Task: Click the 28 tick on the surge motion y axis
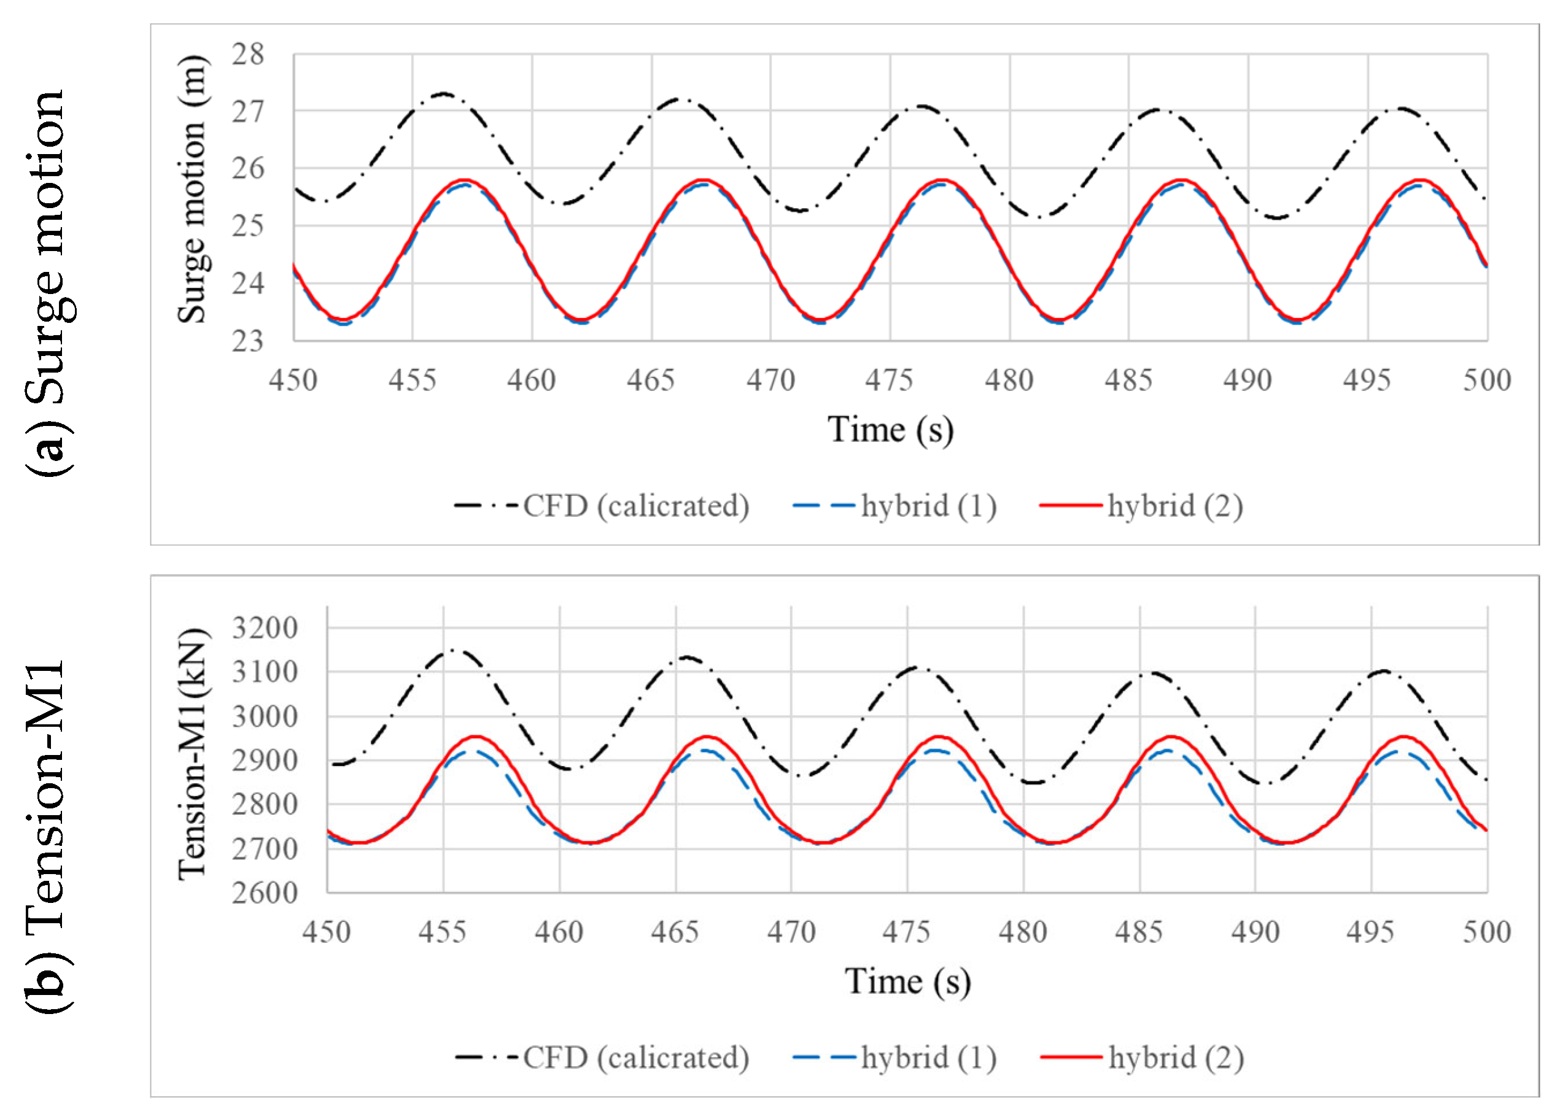point(247,55)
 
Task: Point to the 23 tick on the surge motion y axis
point(247,341)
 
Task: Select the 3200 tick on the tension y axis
point(264,628)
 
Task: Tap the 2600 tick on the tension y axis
point(264,892)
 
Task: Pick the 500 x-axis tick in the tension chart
point(1486,932)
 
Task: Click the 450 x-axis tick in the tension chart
point(326,932)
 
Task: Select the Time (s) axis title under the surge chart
point(890,430)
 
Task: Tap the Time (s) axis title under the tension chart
point(907,981)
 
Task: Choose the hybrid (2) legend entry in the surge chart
point(1142,506)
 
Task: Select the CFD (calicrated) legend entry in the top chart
point(602,506)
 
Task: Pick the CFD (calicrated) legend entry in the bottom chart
point(602,1058)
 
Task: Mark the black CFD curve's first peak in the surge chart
point(444,93)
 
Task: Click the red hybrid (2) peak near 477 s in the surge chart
point(942,180)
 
